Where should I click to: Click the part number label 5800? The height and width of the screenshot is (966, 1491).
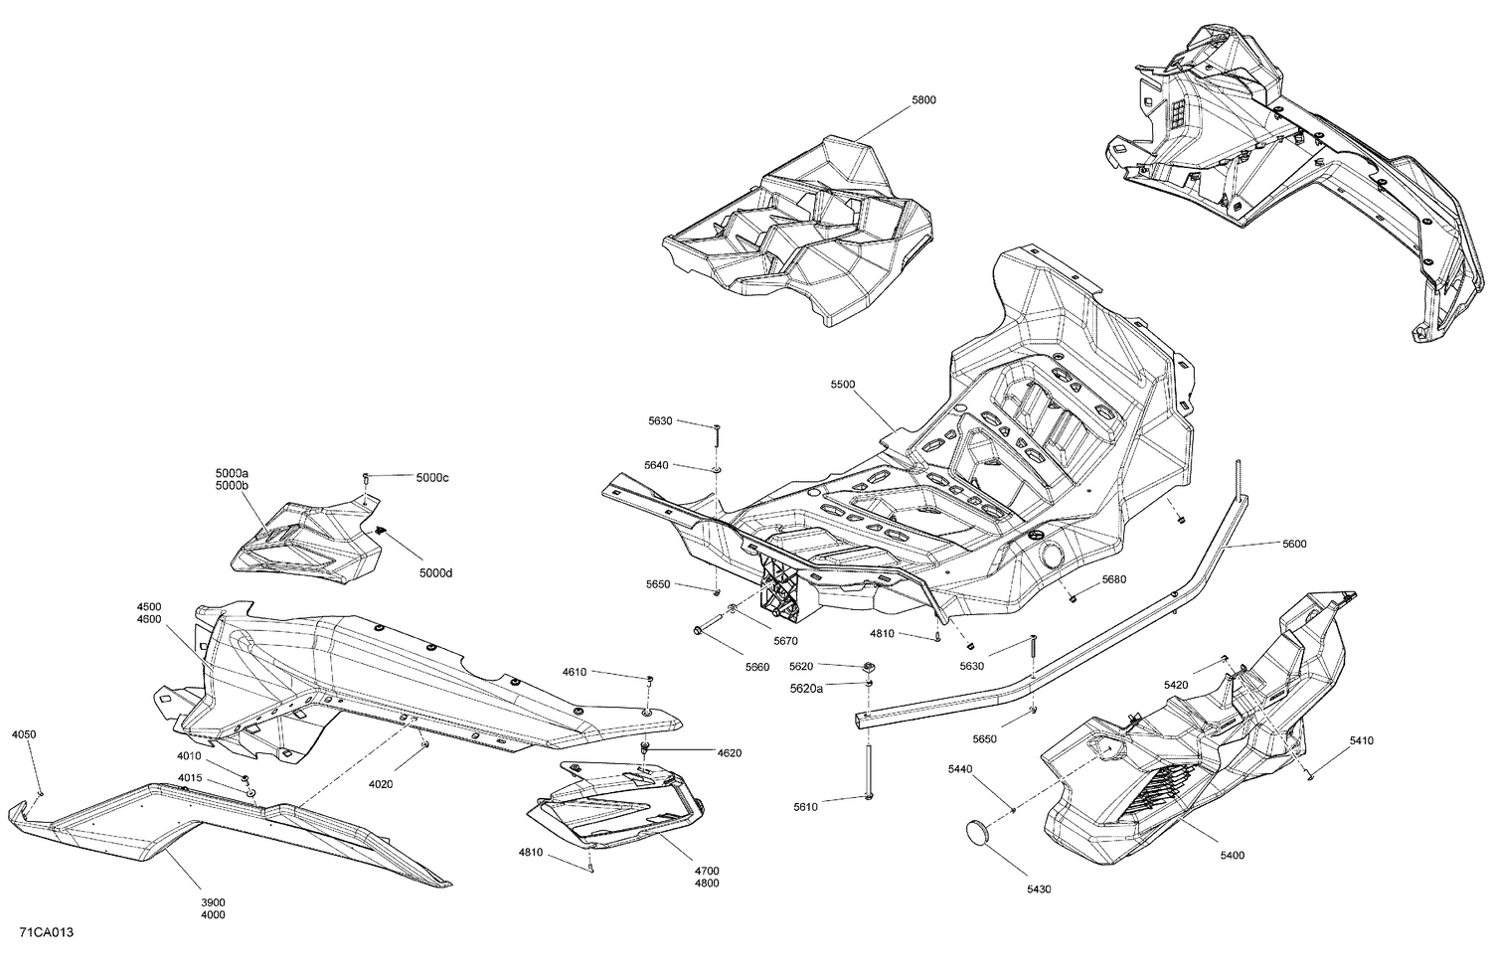coord(923,100)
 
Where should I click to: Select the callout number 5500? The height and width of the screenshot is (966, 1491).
coord(843,384)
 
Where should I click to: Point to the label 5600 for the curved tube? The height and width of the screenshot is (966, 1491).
coord(1294,544)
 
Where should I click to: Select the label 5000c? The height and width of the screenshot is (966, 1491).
coord(432,478)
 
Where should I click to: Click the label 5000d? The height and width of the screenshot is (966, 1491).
coord(434,572)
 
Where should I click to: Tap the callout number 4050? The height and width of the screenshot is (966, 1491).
coord(24,734)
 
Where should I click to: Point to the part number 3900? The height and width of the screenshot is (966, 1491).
coord(213,901)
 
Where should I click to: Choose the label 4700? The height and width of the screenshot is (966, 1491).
coord(708,871)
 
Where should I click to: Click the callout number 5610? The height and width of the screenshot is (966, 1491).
coord(805,807)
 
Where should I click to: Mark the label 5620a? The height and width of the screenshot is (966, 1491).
coord(806,688)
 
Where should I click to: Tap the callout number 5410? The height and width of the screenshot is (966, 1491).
coord(1362,740)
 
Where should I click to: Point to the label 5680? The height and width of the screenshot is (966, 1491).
coord(1113,579)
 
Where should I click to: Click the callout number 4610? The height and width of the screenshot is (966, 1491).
coord(574,672)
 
